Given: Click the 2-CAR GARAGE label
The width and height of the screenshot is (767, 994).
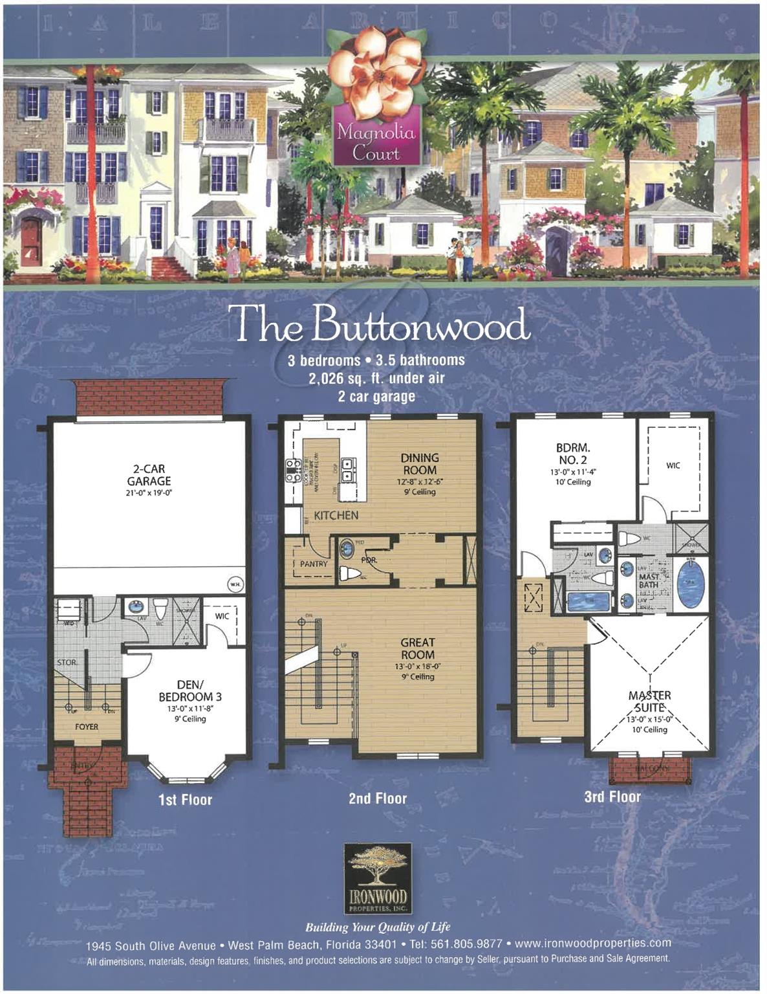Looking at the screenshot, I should click(149, 475).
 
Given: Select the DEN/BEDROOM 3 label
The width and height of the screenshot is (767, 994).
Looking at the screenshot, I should click(190, 691).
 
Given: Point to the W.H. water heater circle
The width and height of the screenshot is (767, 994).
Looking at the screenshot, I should click(235, 585).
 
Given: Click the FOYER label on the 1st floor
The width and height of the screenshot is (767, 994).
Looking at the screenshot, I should click(87, 727).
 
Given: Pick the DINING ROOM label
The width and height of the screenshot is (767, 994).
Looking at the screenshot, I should click(419, 464).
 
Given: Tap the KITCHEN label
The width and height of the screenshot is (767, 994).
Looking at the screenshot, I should click(336, 515).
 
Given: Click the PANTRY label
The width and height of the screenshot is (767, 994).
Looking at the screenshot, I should click(314, 564).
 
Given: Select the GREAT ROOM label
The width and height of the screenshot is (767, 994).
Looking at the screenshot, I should click(418, 648).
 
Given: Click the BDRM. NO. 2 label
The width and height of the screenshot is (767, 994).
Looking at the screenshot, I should click(573, 454).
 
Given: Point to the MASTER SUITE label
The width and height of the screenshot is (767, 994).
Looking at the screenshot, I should click(649, 701).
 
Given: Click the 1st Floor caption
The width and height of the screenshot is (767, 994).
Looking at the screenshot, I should click(185, 800).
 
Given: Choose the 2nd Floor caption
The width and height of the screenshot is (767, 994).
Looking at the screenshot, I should click(378, 799).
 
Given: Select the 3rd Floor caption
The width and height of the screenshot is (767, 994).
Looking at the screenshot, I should click(612, 797).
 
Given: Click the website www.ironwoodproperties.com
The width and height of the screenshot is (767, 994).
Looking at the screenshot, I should click(592, 943).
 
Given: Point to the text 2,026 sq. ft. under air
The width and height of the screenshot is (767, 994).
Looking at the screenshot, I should click(376, 378).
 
